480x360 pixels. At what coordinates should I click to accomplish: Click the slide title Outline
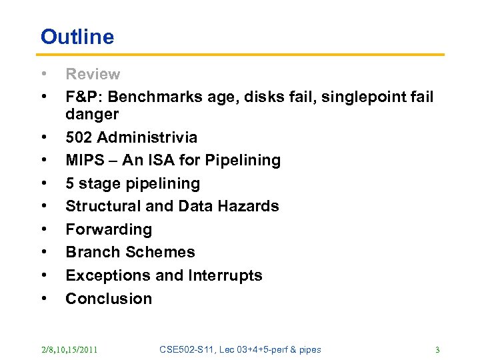coord(77,37)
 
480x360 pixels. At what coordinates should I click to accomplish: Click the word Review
coord(93,75)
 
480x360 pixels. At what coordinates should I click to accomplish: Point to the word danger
coord(92,115)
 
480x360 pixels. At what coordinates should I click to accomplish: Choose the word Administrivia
coord(147,138)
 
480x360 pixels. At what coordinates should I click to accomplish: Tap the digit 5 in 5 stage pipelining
coord(70,183)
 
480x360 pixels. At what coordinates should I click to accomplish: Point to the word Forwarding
coord(109,229)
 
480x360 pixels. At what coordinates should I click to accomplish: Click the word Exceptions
coord(103,275)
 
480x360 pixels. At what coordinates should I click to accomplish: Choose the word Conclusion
coord(109,298)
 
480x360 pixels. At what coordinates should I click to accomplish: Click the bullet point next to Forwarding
coord(43,229)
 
